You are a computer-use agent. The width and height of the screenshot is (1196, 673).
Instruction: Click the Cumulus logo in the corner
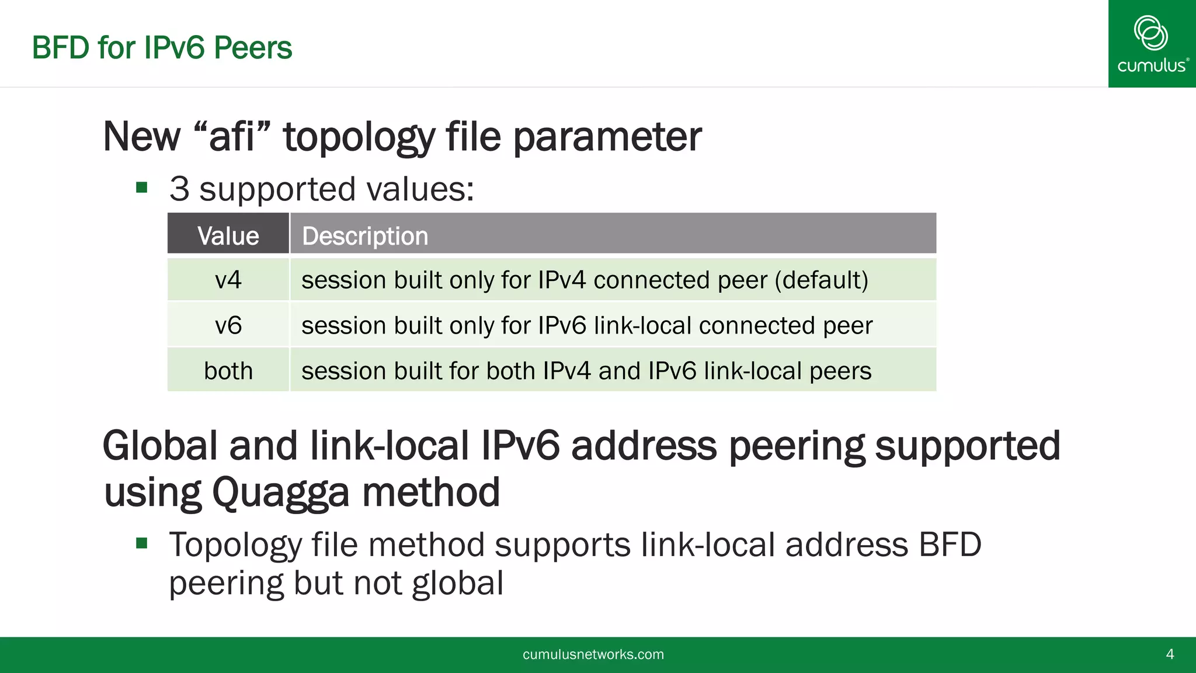1152,44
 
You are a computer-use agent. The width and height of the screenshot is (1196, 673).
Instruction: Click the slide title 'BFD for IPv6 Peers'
162,48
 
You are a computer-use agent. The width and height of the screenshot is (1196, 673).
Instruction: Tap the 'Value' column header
228,236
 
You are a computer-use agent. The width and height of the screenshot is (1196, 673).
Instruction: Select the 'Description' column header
365,236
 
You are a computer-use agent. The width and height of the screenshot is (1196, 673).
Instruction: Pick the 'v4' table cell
228,280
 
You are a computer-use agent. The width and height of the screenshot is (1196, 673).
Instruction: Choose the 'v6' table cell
228,325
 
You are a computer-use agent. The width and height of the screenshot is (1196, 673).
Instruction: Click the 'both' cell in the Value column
228,371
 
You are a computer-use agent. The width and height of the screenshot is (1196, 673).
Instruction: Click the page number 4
1170,654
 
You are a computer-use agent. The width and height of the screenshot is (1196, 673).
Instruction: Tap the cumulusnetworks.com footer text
593,654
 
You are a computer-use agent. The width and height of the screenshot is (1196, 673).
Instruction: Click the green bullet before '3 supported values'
141,188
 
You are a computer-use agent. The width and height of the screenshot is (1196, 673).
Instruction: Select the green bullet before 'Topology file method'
141,543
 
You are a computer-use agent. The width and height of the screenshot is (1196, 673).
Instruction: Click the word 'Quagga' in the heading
280,492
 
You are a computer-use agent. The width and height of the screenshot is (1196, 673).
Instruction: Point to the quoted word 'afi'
232,137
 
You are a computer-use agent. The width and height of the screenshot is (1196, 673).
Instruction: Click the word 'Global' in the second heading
160,446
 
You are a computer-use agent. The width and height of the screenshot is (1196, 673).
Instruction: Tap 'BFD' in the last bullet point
950,544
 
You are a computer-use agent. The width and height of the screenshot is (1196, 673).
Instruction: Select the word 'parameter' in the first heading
607,137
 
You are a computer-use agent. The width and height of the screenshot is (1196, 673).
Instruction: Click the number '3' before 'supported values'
179,189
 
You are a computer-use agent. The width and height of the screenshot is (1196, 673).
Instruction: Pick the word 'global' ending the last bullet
457,583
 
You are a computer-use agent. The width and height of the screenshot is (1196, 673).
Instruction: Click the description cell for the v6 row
586,325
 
